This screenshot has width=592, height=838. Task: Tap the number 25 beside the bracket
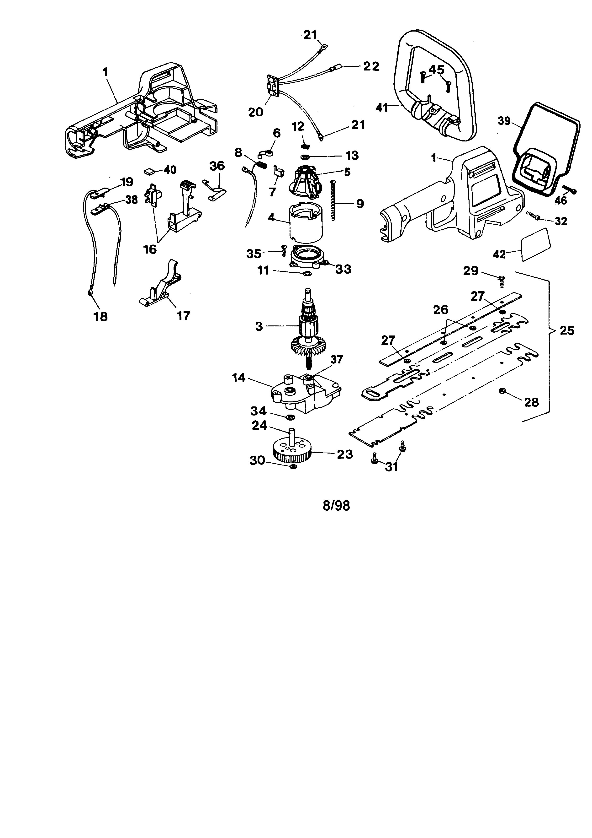click(x=566, y=331)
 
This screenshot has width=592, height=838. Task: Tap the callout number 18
click(x=100, y=316)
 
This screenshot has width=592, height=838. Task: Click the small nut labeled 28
click(x=501, y=391)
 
